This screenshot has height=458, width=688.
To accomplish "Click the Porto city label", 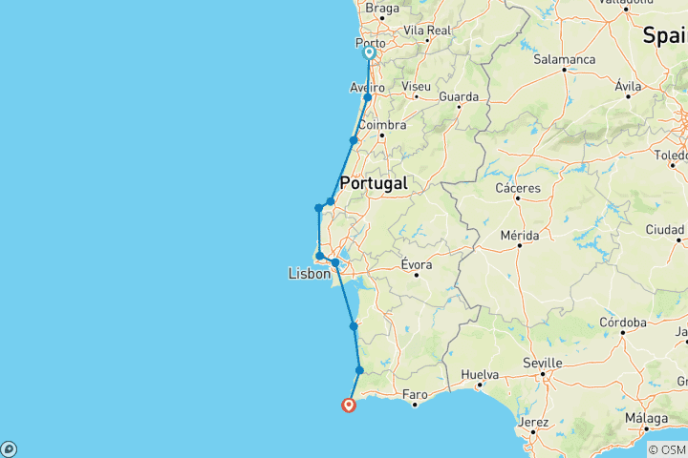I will click(370, 44).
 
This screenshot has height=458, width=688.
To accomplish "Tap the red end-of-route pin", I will click(349, 406).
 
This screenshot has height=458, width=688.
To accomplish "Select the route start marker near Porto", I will click(369, 53).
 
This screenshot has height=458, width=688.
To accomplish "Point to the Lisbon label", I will click(310, 274).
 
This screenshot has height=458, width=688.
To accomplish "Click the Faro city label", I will click(415, 393).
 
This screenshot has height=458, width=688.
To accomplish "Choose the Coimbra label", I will click(381, 125).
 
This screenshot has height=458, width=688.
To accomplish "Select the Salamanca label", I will click(565, 59).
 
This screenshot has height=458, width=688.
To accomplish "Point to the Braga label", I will click(382, 9).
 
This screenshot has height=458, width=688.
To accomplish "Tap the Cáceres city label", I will click(517, 188).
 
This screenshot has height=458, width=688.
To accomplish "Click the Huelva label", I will click(479, 375).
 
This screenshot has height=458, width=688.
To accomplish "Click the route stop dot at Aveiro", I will click(368, 97).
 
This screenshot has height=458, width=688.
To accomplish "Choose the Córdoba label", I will click(623, 323).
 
